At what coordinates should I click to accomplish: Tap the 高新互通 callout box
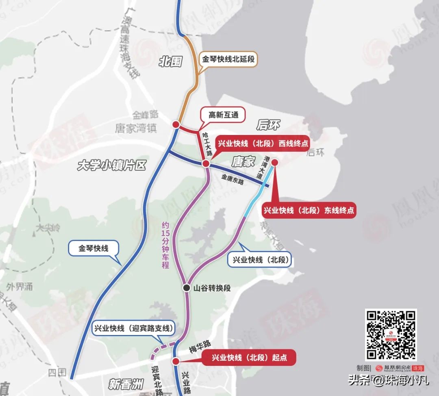(x=223, y=115)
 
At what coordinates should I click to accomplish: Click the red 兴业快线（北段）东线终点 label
(x=309, y=210)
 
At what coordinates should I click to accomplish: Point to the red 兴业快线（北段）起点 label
(x=249, y=358)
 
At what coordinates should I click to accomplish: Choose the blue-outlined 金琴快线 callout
(x=93, y=248)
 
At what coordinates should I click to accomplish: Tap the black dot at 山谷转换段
(x=186, y=288)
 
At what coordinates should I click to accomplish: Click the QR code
(x=391, y=335)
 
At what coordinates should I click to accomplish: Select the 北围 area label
(x=170, y=62)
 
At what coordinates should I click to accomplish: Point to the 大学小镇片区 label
(x=111, y=165)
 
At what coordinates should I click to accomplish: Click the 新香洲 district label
(x=127, y=383)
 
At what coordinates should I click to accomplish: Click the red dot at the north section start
(x=176, y=361)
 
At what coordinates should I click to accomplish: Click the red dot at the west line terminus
(x=206, y=163)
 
